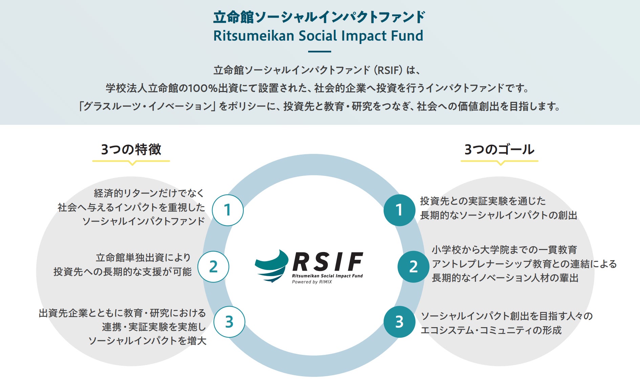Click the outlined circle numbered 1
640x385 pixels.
[x=228, y=210]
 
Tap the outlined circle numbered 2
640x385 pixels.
[x=213, y=267]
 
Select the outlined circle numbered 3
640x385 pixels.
[x=229, y=322]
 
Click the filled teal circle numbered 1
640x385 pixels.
[x=399, y=210]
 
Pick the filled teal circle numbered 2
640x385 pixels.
[x=413, y=267]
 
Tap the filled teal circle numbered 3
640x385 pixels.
[x=399, y=322]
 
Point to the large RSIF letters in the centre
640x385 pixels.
[x=327, y=262]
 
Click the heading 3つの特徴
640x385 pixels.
[x=131, y=150]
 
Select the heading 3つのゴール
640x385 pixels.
[x=499, y=150]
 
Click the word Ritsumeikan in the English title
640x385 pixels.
[x=254, y=36]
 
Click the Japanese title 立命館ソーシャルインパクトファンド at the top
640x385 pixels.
[x=319, y=17]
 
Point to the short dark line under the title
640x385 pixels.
[x=319, y=52]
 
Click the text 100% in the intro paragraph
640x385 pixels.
[x=202, y=88]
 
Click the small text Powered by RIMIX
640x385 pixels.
[x=312, y=282]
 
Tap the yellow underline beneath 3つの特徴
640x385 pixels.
[x=131, y=161]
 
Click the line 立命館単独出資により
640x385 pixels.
[x=143, y=258]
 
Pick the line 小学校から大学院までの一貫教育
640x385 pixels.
[x=504, y=250]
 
